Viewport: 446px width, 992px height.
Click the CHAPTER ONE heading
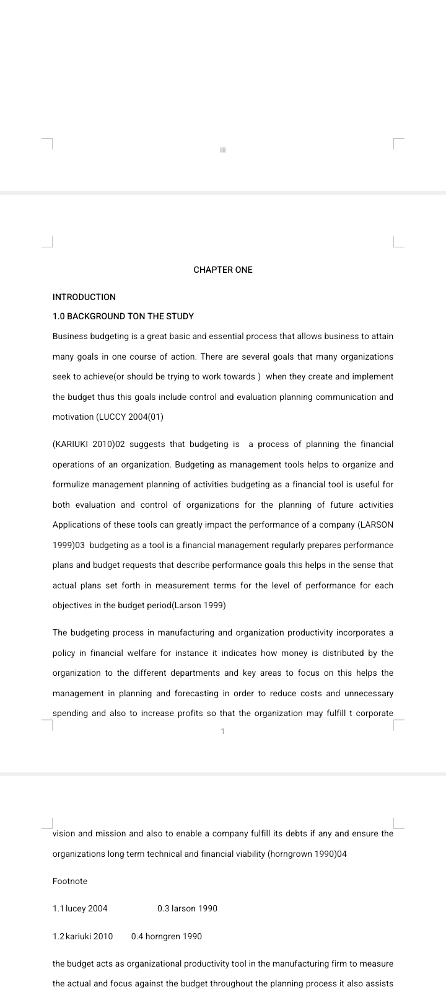[223, 270]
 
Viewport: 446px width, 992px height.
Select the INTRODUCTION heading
[84, 297]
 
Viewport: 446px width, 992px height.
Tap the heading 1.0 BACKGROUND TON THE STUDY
[123, 316]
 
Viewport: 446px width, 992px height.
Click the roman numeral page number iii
[223, 149]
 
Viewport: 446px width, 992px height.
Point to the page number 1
[223, 732]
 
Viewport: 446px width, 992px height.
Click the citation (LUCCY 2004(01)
[130, 417]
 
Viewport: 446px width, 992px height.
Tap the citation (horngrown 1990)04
[307, 854]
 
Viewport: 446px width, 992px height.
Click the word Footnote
[70, 881]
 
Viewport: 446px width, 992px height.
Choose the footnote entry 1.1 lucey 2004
[80, 908]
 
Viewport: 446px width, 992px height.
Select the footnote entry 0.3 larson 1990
[187, 908]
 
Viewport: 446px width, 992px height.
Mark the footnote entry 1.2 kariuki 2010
[83, 936]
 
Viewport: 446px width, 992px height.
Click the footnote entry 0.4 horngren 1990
[167, 936]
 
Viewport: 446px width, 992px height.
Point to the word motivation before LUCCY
[73, 417]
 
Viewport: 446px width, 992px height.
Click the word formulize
[74, 484]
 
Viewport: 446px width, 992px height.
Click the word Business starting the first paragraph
[70, 336]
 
